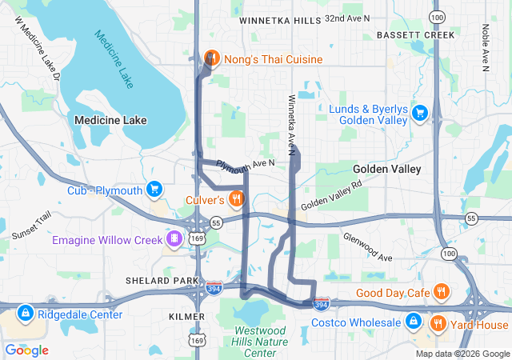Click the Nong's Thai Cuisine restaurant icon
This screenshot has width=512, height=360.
[x=212, y=58]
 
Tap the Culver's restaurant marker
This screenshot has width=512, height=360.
[x=236, y=198]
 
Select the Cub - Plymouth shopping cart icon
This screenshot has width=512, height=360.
[x=155, y=190]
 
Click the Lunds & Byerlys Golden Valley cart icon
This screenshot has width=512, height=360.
[x=419, y=114]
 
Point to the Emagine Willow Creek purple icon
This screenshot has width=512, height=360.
[x=174, y=239]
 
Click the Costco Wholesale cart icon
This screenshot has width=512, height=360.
[x=414, y=322]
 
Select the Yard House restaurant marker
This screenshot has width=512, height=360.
[x=438, y=324]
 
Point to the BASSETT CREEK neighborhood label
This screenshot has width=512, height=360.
[x=410, y=36]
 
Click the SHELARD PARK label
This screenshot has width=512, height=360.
[x=162, y=281]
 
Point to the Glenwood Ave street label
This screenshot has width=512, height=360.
[x=367, y=247]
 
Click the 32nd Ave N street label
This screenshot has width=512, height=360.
[x=347, y=17]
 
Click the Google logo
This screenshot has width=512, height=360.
[x=27, y=350]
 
